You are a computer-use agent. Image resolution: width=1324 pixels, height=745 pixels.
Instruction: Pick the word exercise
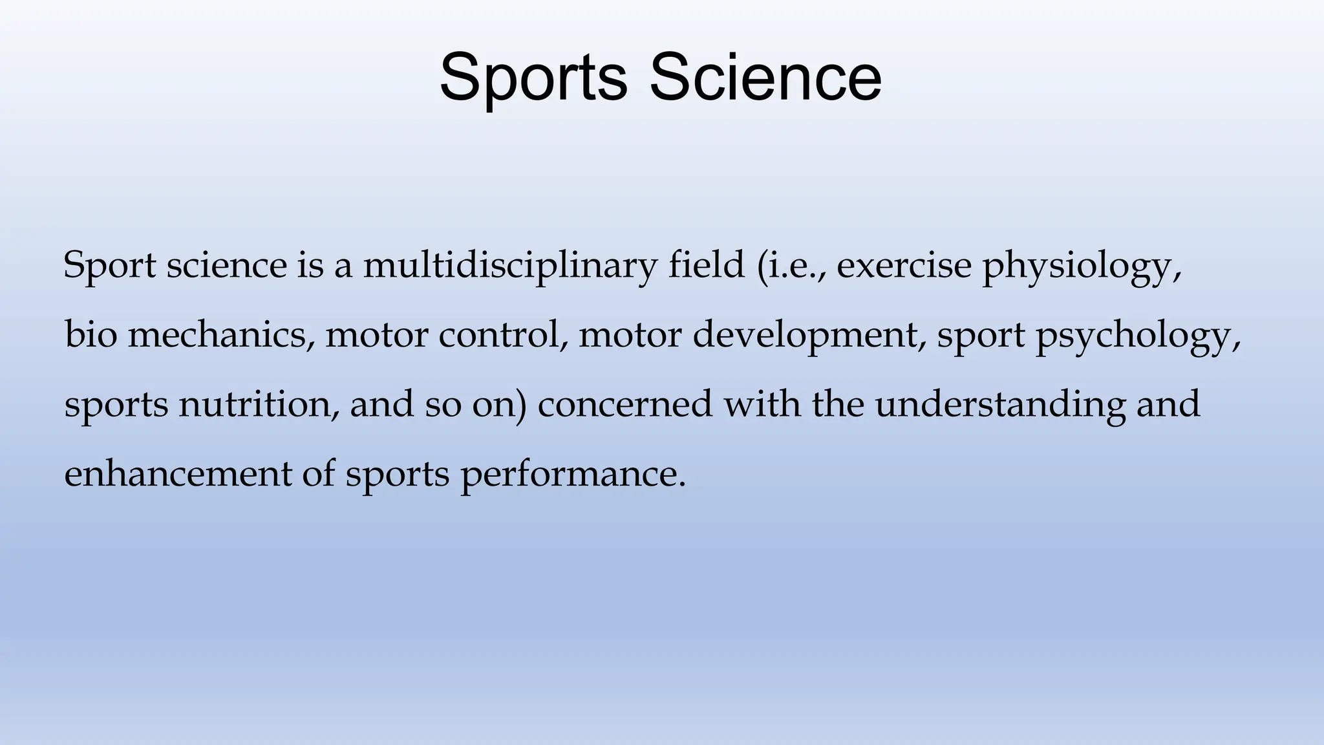click(904, 265)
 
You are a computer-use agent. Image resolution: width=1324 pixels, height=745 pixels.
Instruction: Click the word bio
click(91, 334)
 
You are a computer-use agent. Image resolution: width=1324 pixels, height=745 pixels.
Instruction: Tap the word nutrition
click(258, 404)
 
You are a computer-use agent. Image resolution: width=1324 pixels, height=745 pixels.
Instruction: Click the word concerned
click(625, 404)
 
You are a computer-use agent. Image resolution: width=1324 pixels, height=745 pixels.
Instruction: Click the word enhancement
click(178, 473)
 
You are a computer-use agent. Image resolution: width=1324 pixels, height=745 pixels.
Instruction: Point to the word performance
click(571, 475)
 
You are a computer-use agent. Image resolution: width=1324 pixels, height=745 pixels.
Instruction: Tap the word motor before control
click(376, 335)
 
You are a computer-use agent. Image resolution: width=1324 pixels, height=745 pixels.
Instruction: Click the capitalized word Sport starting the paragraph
click(109, 266)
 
